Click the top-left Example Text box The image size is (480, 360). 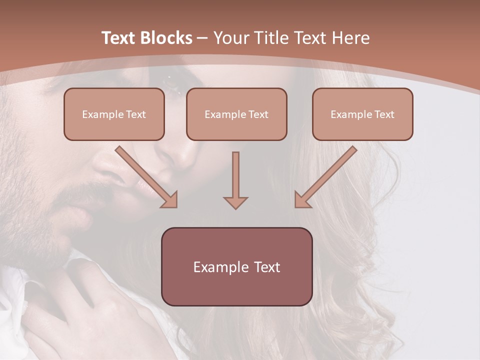[x=114, y=114]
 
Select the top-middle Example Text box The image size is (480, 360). [x=236, y=114]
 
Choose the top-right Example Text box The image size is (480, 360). [x=362, y=114]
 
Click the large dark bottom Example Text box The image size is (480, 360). [x=236, y=267]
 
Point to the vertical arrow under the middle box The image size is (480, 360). [x=235, y=175]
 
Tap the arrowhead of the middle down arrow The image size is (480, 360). [x=235, y=202]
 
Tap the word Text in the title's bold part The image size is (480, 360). [x=118, y=38]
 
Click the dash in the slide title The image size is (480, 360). [x=202, y=38]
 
